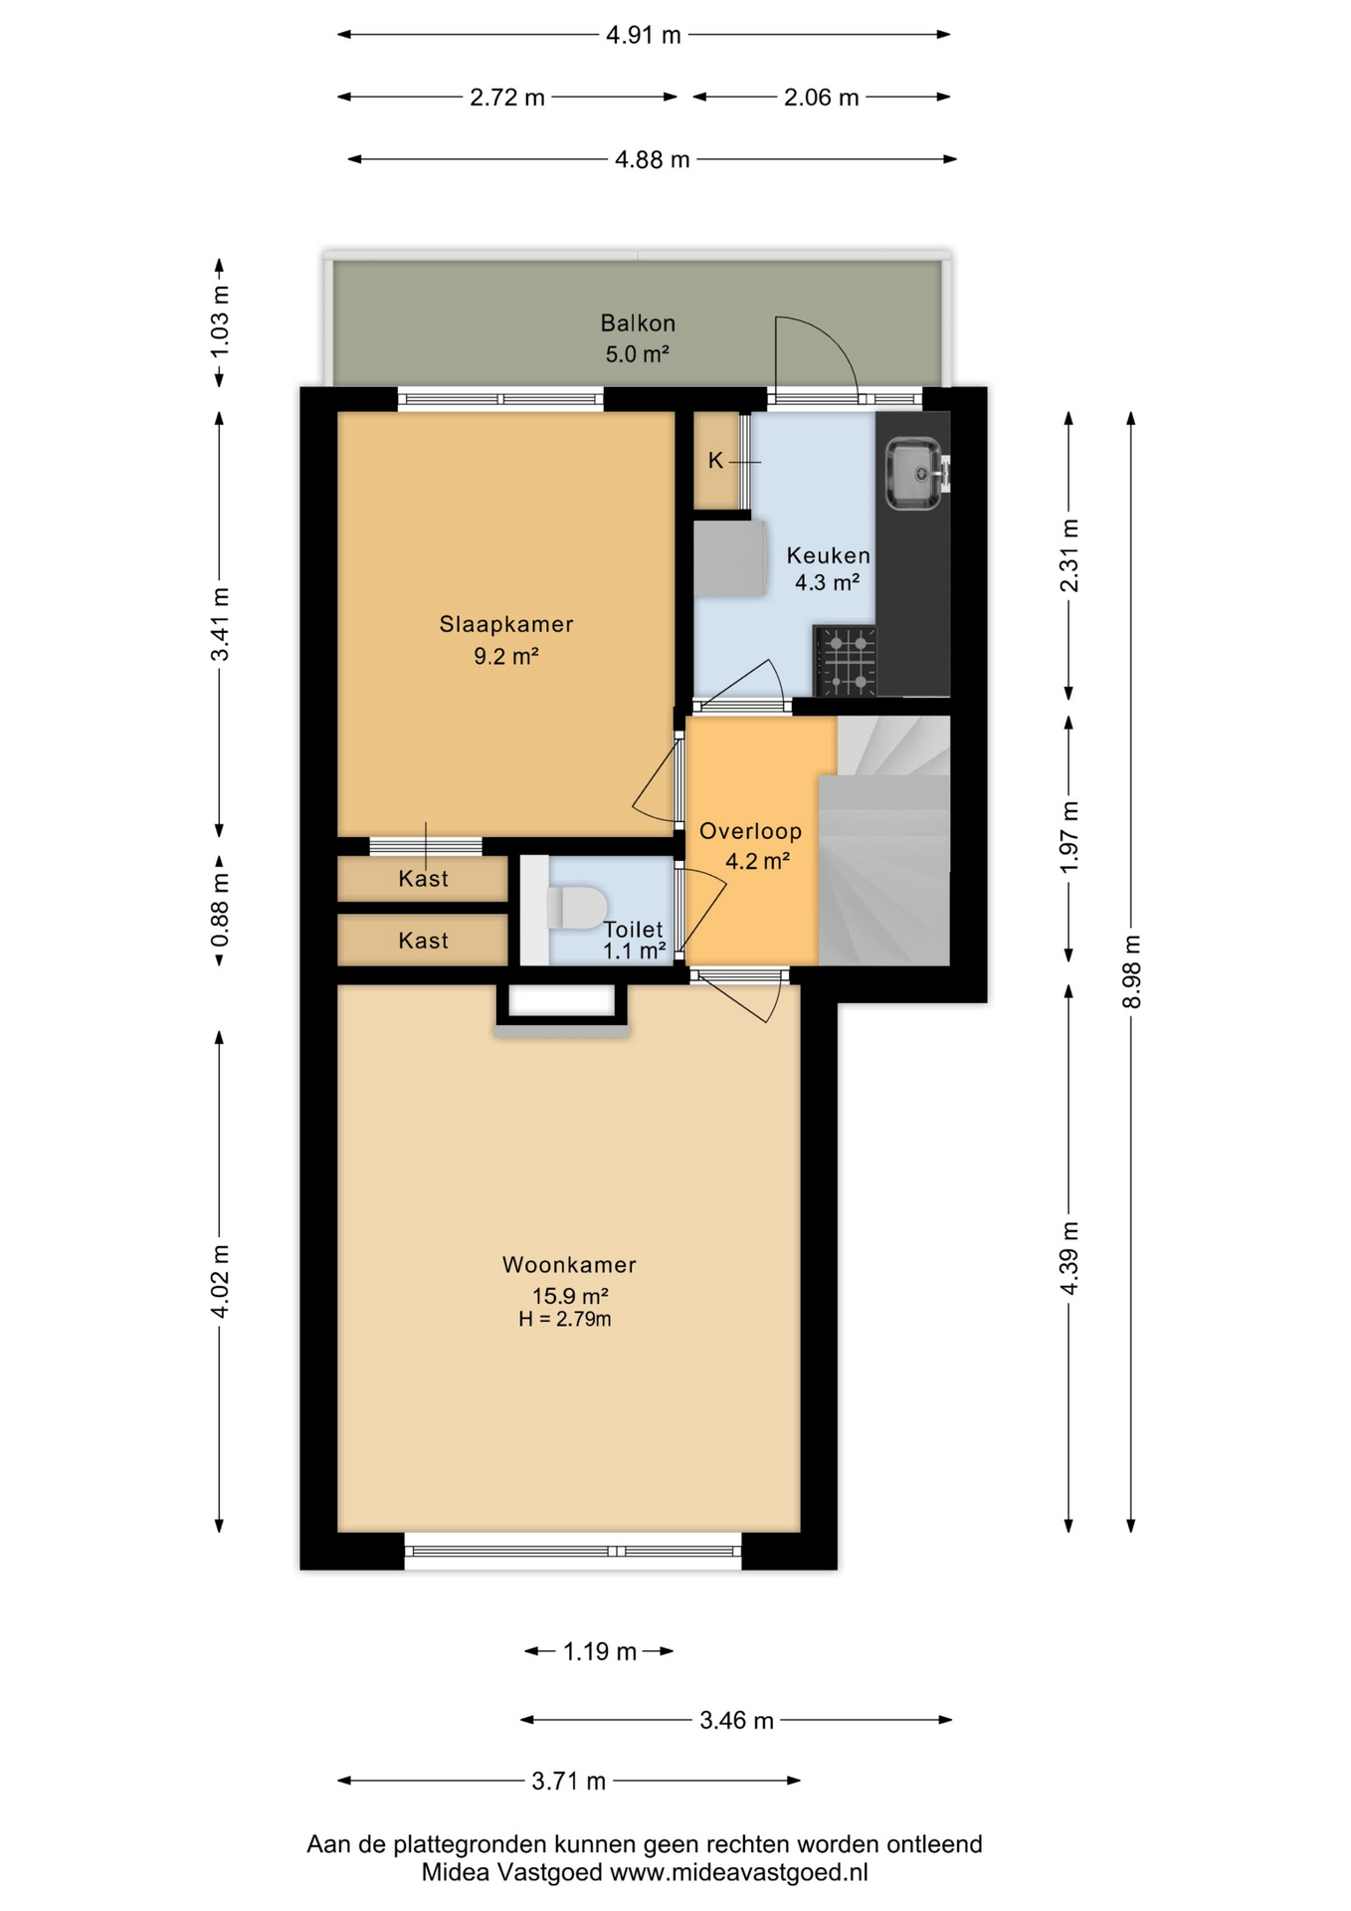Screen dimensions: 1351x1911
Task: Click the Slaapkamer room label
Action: point(506,624)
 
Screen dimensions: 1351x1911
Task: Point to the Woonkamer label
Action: point(569,1265)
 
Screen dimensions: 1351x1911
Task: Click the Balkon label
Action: point(638,323)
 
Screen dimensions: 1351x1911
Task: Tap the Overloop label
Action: point(750,831)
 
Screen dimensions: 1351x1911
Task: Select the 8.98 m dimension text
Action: point(1131,971)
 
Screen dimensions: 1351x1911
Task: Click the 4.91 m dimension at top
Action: point(644,36)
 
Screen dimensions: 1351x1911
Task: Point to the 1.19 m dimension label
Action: point(600,1652)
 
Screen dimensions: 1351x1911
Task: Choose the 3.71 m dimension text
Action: point(568,1782)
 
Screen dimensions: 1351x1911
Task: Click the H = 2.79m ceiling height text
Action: point(564,1320)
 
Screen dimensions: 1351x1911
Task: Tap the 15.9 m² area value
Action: point(570,1296)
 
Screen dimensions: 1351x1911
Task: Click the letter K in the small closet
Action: point(715,461)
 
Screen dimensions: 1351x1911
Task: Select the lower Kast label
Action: point(423,941)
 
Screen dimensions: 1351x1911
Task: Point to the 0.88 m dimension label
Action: point(220,911)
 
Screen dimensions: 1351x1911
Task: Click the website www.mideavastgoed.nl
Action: point(738,1872)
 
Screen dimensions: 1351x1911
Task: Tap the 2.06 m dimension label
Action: point(821,98)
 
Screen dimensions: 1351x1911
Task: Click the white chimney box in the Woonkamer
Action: point(562,1001)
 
